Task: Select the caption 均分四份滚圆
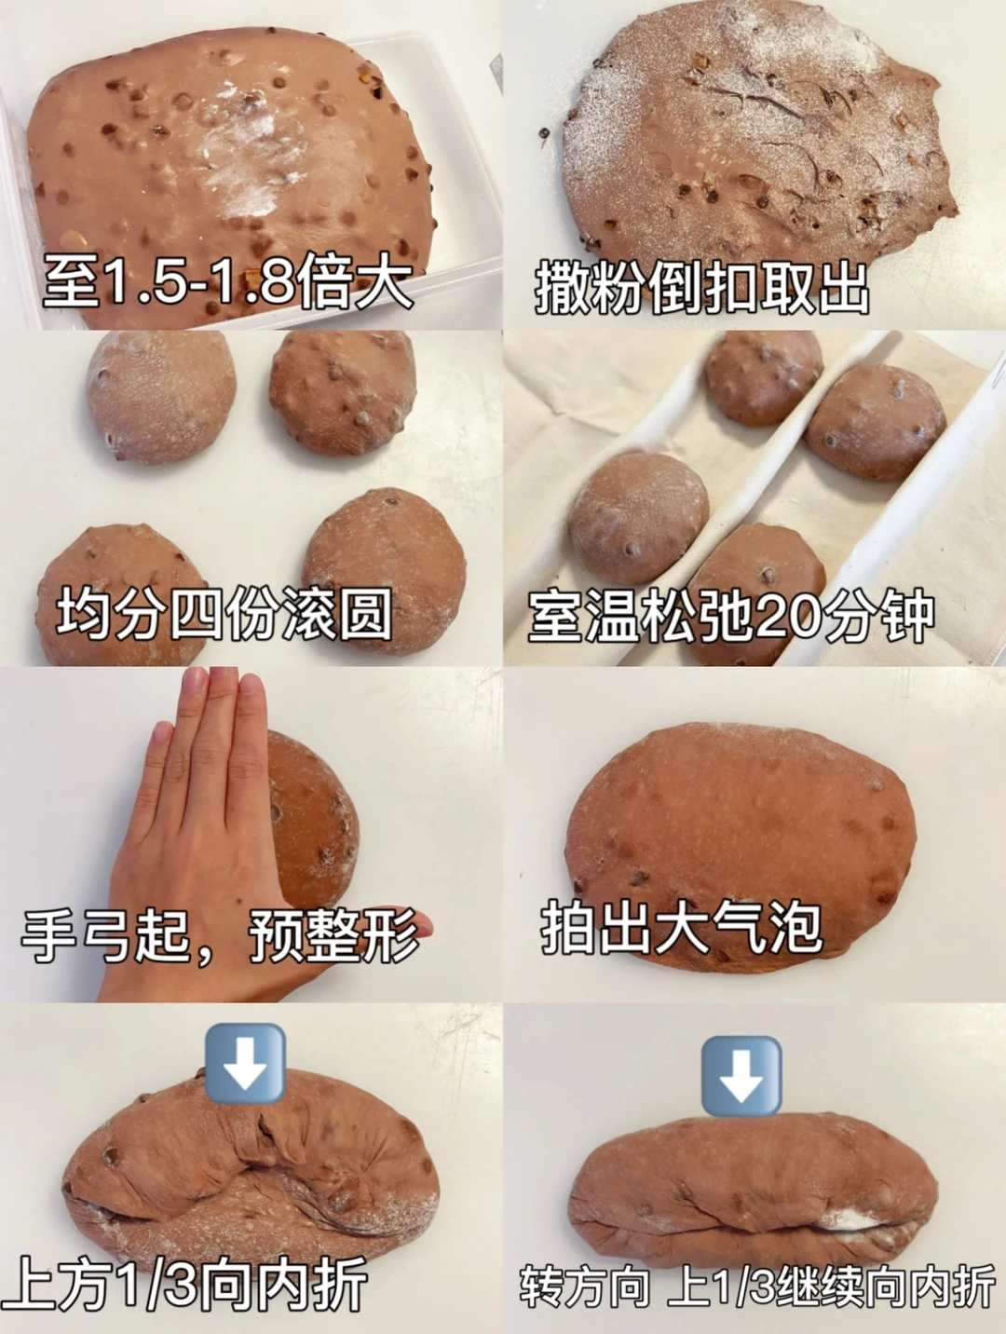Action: click(224, 614)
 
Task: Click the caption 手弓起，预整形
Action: click(221, 946)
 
